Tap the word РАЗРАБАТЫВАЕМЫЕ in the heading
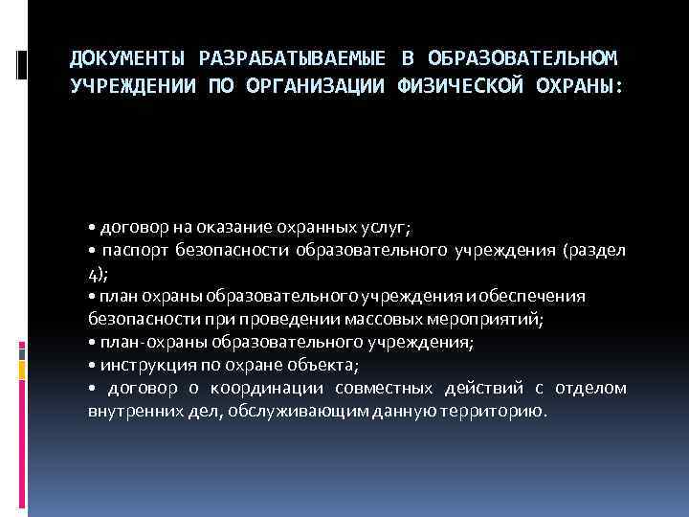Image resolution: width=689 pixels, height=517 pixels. (x=287, y=60)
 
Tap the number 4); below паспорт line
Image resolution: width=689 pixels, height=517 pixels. (x=97, y=274)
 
